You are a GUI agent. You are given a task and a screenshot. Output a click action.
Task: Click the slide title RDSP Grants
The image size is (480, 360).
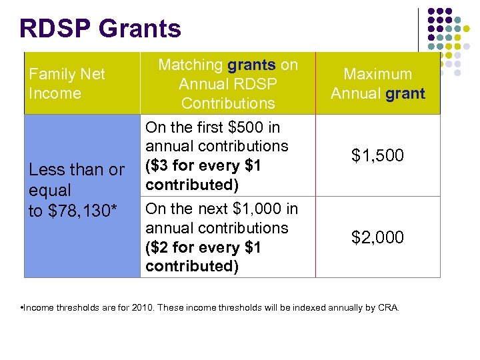point(101,29)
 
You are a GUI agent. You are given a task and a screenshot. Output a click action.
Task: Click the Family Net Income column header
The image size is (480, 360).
point(67,83)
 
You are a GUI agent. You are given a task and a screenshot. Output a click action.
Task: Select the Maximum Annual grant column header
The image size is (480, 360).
point(377,83)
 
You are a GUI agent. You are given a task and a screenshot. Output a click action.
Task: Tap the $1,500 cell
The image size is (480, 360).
point(377,155)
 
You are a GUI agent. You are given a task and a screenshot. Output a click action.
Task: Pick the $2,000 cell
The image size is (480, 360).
point(377,237)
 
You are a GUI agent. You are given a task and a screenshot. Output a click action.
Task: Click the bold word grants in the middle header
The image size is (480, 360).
point(251,65)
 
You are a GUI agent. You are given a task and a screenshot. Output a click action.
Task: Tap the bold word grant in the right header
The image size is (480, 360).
point(405,93)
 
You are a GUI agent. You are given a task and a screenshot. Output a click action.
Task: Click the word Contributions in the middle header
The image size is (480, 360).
point(228,103)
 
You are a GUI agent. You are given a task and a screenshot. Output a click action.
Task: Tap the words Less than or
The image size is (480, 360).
point(77,170)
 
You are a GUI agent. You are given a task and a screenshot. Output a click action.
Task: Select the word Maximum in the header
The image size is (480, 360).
point(377,74)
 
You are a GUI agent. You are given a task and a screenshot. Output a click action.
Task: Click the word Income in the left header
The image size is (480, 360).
point(55,93)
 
